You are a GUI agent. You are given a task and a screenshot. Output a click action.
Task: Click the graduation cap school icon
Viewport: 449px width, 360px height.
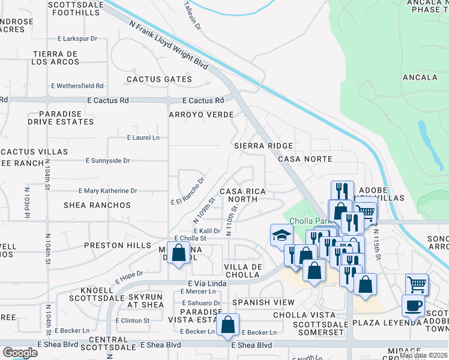point(281,234)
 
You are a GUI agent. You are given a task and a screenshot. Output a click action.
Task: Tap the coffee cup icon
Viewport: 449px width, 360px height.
point(412,305)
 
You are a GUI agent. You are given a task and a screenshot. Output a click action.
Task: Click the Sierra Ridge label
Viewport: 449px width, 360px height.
point(264,146)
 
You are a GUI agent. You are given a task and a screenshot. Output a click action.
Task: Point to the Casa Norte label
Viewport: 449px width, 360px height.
point(305,159)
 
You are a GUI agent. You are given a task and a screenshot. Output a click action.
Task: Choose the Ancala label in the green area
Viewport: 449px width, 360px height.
point(420,77)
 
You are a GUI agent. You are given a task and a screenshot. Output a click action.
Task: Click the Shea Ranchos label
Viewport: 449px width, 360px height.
point(97,205)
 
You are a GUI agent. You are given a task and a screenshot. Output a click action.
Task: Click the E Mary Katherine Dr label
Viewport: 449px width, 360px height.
point(108,191)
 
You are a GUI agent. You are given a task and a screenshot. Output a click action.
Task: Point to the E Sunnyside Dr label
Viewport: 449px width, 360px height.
point(108,161)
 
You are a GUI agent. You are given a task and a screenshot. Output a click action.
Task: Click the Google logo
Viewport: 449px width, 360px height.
point(20,352)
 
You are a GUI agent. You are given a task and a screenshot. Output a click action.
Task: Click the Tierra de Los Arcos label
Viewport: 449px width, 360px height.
point(56,58)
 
